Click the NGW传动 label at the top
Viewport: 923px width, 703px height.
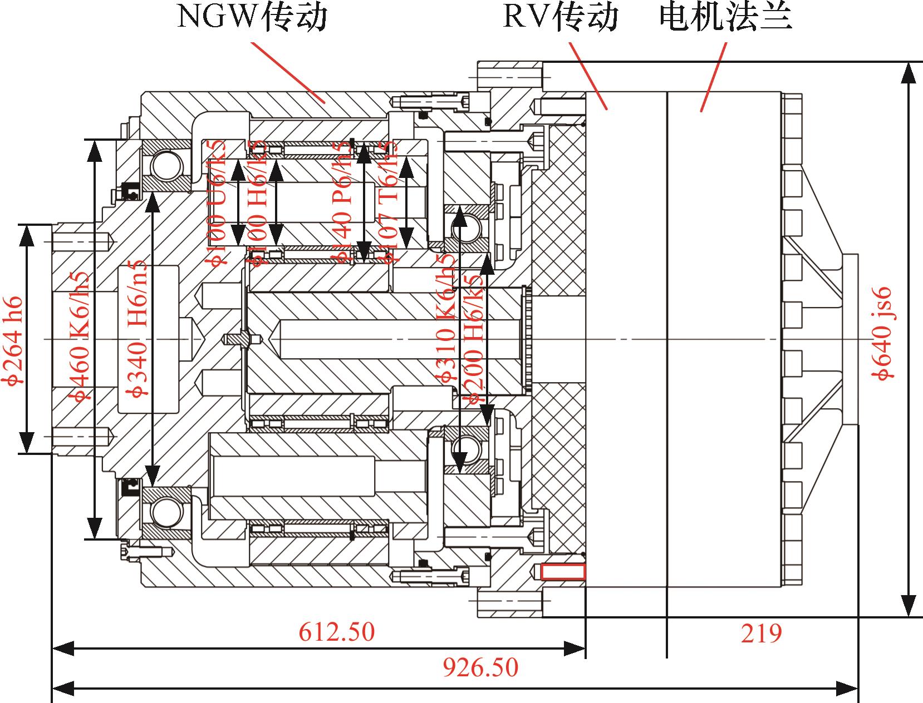pos(252,17)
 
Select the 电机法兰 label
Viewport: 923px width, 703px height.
pos(725,17)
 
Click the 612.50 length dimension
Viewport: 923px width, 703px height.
pos(337,632)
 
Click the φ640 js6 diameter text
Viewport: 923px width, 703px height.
pos(884,334)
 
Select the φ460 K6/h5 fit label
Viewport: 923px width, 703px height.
pos(80,336)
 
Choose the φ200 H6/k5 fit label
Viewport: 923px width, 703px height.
pos(473,339)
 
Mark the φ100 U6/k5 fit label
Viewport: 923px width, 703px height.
pos(218,203)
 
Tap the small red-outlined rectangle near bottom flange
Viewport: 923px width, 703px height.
pos(563,571)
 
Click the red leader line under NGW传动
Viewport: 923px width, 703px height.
pos(289,72)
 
